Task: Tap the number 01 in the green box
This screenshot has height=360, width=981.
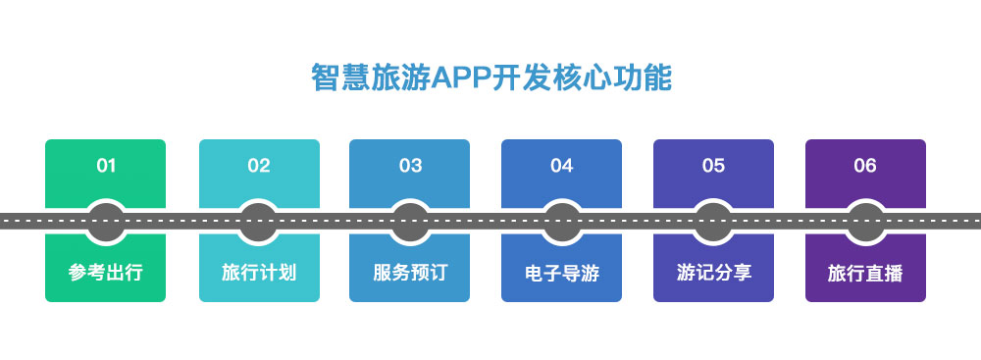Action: (106, 166)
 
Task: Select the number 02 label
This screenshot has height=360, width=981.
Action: (259, 166)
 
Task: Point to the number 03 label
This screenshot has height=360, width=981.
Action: (410, 166)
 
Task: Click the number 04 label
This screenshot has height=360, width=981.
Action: (561, 166)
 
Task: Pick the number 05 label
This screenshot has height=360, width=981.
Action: (713, 166)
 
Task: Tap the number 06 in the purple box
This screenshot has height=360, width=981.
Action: (865, 166)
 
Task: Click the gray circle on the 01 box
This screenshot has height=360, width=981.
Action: (106, 221)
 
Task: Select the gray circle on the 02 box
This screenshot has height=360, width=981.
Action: (259, 221)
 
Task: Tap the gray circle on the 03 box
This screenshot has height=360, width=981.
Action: (410, 221)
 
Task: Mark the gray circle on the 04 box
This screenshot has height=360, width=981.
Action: (561, 221)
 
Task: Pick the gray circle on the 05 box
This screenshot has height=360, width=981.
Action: (713, 221)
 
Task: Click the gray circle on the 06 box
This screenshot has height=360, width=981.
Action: (865, 221)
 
